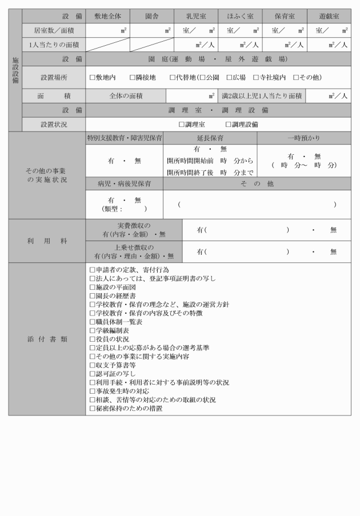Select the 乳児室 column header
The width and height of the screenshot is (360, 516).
[196, 17]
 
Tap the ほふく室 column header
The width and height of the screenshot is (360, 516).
[240, 17]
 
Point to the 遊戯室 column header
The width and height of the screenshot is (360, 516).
[329, 17]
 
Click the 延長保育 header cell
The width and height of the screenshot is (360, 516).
[210, 138]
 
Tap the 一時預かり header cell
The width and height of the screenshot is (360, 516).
[303, 138]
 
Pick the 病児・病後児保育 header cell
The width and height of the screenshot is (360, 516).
[124, 184]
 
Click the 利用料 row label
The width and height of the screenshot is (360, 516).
[47, 241]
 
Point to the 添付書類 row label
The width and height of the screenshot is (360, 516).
[47, 339]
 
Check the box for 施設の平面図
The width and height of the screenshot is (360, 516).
[93, 287]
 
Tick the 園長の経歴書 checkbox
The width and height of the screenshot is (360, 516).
[93, 295]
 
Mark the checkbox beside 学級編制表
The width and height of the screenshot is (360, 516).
[93, 330]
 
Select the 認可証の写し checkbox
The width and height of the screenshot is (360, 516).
[93, 374]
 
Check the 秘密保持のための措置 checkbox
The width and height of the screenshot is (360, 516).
[93, 409]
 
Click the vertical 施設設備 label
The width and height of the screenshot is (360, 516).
[15, 70]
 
